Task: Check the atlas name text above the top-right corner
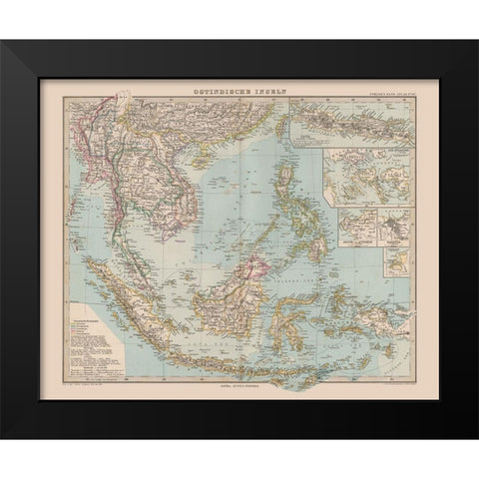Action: pyautogui.click(x=384, y=95)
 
